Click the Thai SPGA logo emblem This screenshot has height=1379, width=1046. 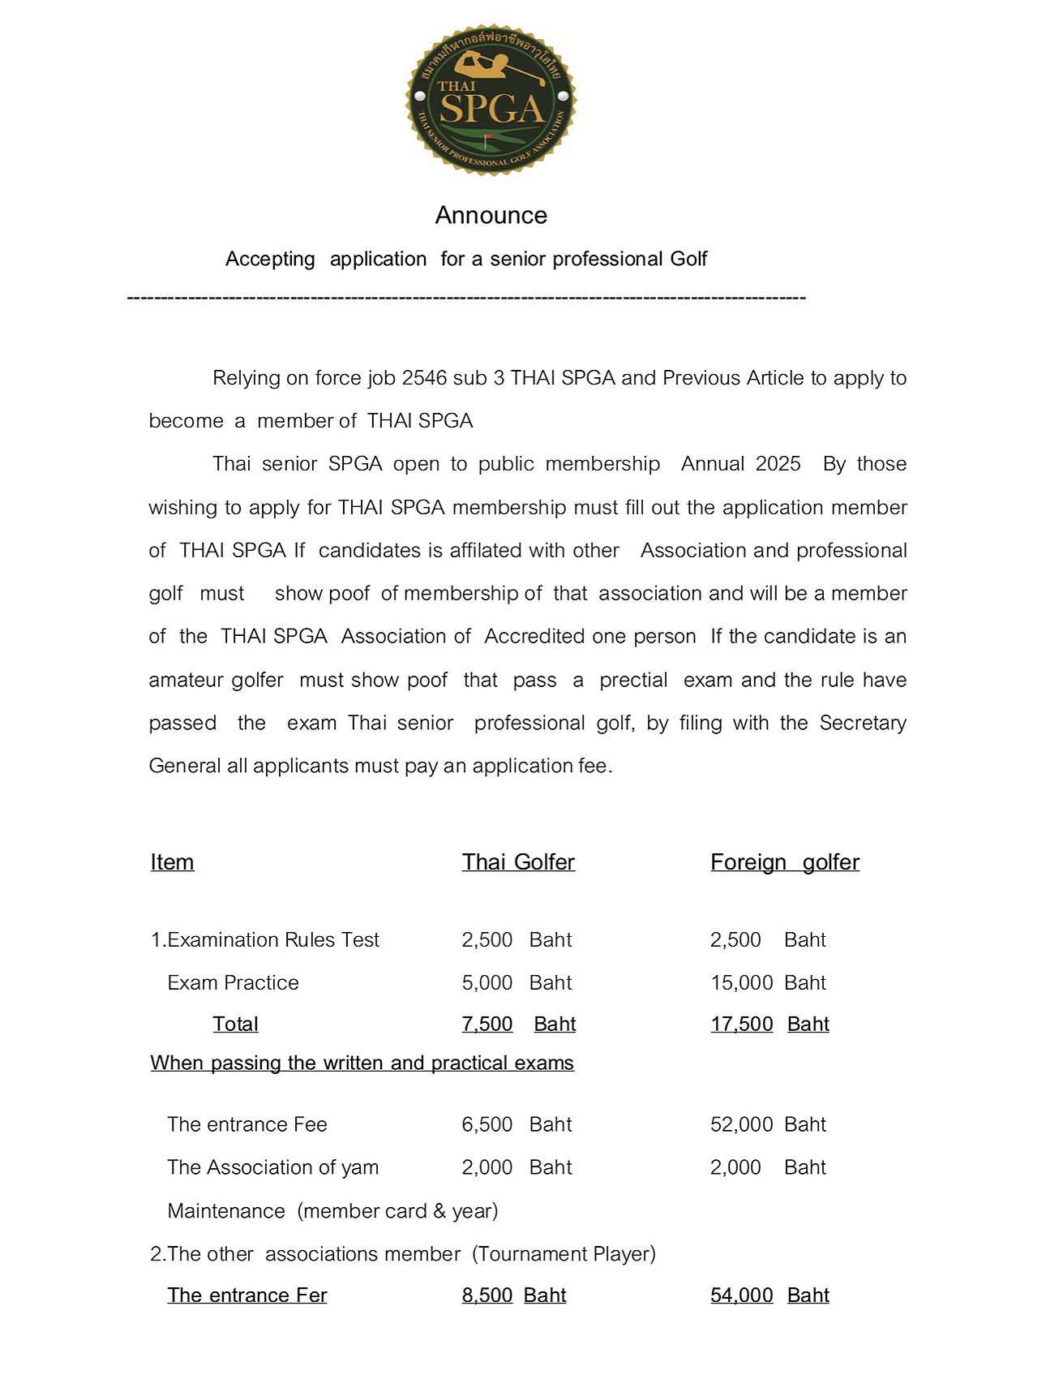[x=491, y=100]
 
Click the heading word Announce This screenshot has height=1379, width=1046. [x=491, y=215]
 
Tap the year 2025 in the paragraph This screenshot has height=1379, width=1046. [x=778, y=464]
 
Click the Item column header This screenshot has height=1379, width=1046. [x=172, y=862]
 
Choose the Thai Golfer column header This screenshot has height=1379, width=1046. [x=518, y=862]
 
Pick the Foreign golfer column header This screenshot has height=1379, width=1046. [x=784, y=862]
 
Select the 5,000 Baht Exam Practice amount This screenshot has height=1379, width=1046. [x=517, y=983]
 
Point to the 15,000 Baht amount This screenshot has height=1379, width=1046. [x=768, y=983]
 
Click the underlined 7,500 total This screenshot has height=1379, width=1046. [x=487, y=1025]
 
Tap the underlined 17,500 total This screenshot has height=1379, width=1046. [x=741, y=1025]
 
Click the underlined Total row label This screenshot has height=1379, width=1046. [x=235, y=1025]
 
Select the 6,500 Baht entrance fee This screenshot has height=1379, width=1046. [x=517, y=1125]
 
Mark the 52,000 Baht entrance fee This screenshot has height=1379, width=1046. [x=768, y=1125]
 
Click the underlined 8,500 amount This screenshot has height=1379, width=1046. [x=487, y=1295]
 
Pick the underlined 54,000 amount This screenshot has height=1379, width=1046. [x=741, y=1295]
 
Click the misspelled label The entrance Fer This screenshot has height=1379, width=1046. [x=246, y=1295]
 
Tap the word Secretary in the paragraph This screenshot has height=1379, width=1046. [x=863, y=723]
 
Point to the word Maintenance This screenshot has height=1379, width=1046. [x=226, y=1211]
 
